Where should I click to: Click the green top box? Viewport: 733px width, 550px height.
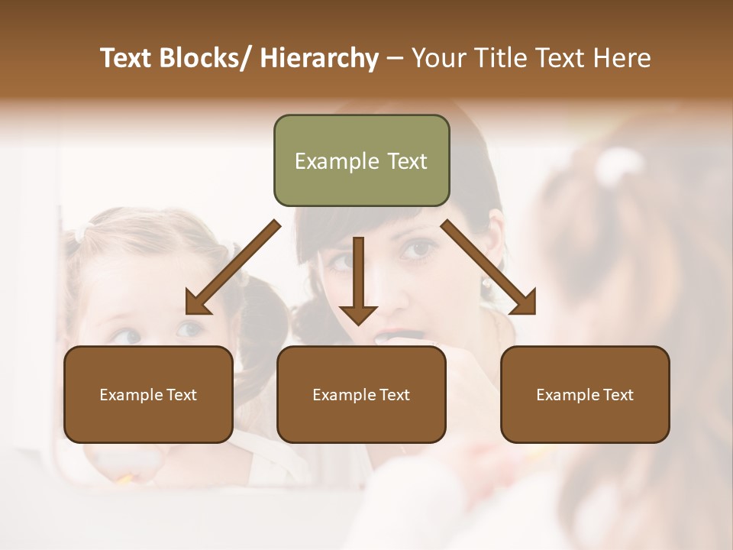tap(361, 160)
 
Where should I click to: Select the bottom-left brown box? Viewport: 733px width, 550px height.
tap(148, 394)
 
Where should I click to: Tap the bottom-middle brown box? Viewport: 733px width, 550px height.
tap(361, 394)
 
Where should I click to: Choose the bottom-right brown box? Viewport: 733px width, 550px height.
tap(585, 394)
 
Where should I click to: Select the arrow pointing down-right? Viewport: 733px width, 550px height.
tap(489, 267)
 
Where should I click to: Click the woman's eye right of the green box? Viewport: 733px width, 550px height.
tap(418, 248)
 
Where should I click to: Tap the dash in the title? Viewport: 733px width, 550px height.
tap(395, 58)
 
